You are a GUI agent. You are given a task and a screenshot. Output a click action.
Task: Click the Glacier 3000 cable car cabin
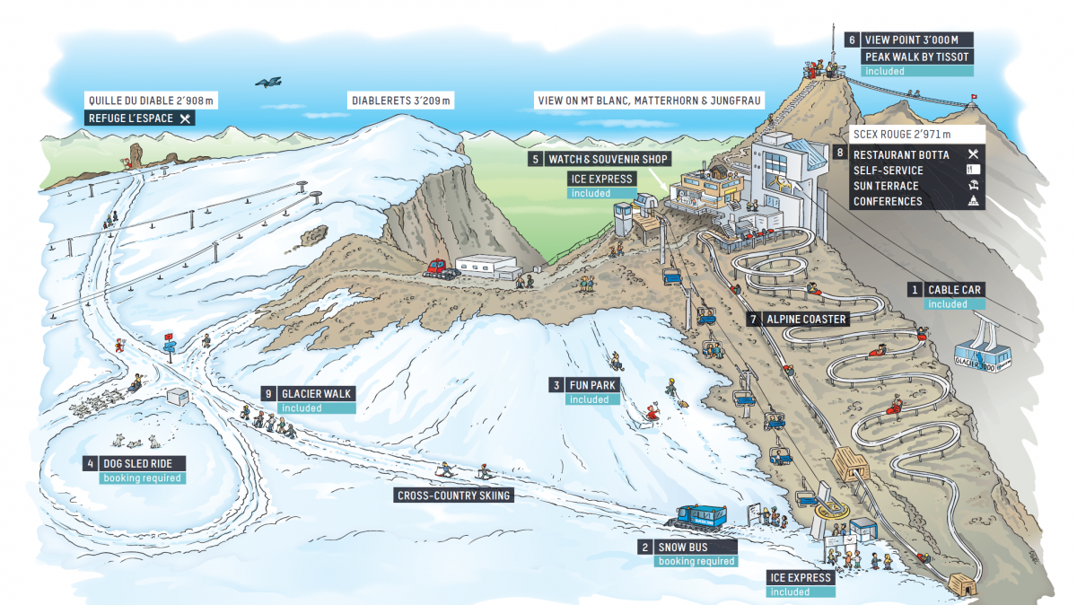coord(985,355)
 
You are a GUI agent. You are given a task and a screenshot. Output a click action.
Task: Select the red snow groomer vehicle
coord(438,267)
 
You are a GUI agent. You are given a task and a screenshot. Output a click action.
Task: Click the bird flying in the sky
coord(268,82)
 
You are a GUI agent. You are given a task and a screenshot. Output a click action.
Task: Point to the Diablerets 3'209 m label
coord(401,101)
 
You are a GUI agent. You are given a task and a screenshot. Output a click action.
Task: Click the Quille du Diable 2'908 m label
coord(154,101)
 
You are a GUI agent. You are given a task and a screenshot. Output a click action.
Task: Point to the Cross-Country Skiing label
coord(454,495)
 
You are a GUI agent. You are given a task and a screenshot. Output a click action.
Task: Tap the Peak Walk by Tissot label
coord(916,57)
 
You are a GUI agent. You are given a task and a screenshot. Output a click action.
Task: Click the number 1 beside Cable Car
coord(915,289)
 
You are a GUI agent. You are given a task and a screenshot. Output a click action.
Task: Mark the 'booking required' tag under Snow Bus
coord(696,561)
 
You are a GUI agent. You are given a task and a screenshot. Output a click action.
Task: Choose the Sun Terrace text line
coord(886,186)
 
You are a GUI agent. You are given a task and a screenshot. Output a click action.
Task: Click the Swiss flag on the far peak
coord(972,95)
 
